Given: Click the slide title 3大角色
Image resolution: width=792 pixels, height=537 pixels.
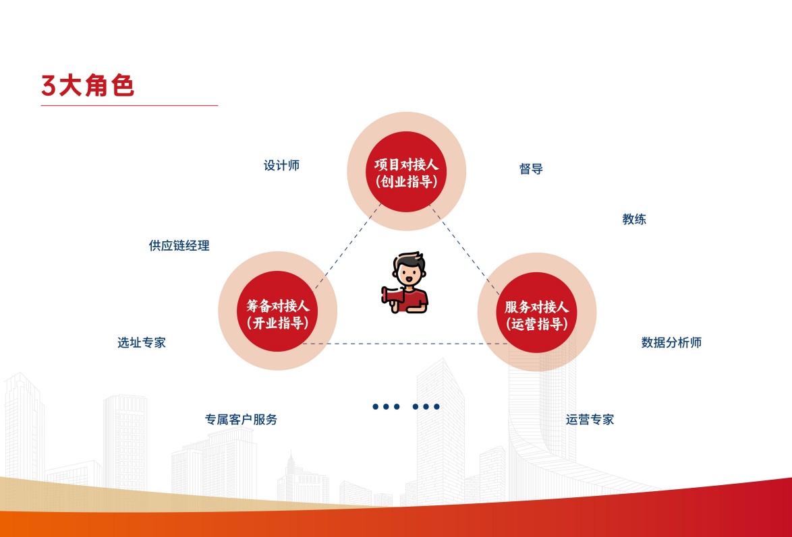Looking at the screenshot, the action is [x=88, y=86].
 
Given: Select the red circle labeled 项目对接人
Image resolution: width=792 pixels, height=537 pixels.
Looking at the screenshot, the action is [x=406, y=172].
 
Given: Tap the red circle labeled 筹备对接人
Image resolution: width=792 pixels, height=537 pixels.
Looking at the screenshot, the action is [x=277, y=311].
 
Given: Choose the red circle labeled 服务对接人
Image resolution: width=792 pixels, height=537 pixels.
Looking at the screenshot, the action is [x=536, y=313].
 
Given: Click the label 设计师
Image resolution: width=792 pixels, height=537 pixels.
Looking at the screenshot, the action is [x=281, y=166].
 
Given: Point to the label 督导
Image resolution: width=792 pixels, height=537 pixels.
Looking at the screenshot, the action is [x=531, y=169].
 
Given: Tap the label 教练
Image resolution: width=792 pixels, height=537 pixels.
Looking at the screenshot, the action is [x=634, y=219].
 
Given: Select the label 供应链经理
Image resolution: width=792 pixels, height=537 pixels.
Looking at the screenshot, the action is [x=179, y=246].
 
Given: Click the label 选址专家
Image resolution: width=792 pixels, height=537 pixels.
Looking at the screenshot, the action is [x=142, y=343].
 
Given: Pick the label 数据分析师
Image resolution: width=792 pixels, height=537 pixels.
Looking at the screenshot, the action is [x=671, y=343].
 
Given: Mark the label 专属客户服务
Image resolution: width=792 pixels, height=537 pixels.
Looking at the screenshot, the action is [x=241, y=419].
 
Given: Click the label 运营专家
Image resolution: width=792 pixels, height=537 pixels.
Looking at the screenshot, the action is [x=590, y=419].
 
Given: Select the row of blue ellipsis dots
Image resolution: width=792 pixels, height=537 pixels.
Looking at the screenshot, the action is [x=406, y=406].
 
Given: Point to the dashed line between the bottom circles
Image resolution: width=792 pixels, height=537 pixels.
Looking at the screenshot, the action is [x=405, y=344].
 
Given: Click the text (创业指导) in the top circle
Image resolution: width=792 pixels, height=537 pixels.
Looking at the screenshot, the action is [x=406, y=181].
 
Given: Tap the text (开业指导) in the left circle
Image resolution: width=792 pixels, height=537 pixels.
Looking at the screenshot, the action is [x=277, y=323].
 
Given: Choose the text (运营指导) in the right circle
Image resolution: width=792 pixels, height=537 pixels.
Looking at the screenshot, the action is [x=536, y=323].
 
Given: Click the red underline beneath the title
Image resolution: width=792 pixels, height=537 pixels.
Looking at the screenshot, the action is [x=130, y=106].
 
